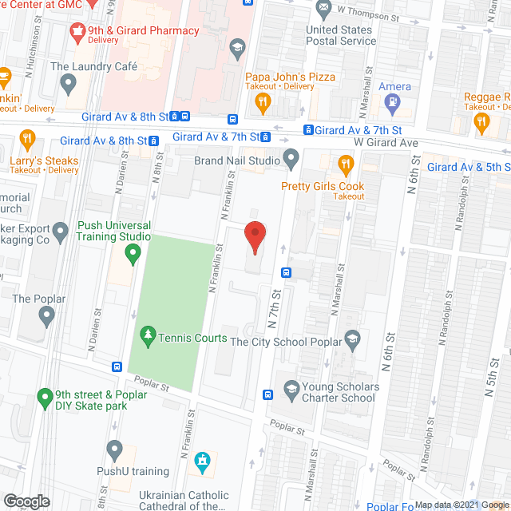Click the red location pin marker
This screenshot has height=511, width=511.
coord(255,237)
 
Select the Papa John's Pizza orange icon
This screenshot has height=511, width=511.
coord(261,101)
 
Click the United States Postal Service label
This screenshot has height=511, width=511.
coord(341,36)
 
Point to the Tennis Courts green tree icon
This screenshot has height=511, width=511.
coord(146,338)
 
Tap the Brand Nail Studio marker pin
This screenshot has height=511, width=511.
coord(291,160)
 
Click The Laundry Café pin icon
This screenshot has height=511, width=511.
coord(68,82)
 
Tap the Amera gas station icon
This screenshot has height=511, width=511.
coord(392,102)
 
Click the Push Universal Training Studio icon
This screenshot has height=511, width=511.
coord(133,255)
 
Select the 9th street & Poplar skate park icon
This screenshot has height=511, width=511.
coord(45,397)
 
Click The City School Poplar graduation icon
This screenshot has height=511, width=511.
coord(352,341)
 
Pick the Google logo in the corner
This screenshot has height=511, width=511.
coord(26,501)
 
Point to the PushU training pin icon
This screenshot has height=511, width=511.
coord(114,450)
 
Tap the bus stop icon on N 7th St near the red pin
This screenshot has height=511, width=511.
coord(287,271)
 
